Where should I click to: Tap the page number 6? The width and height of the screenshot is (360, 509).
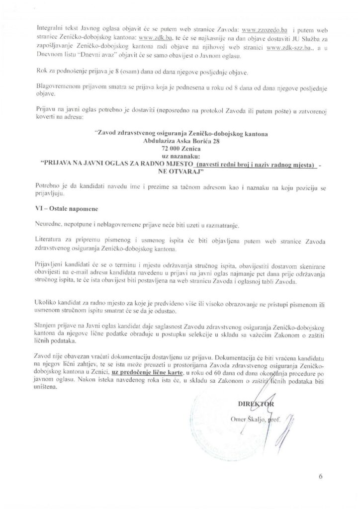[x=321, y=477]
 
